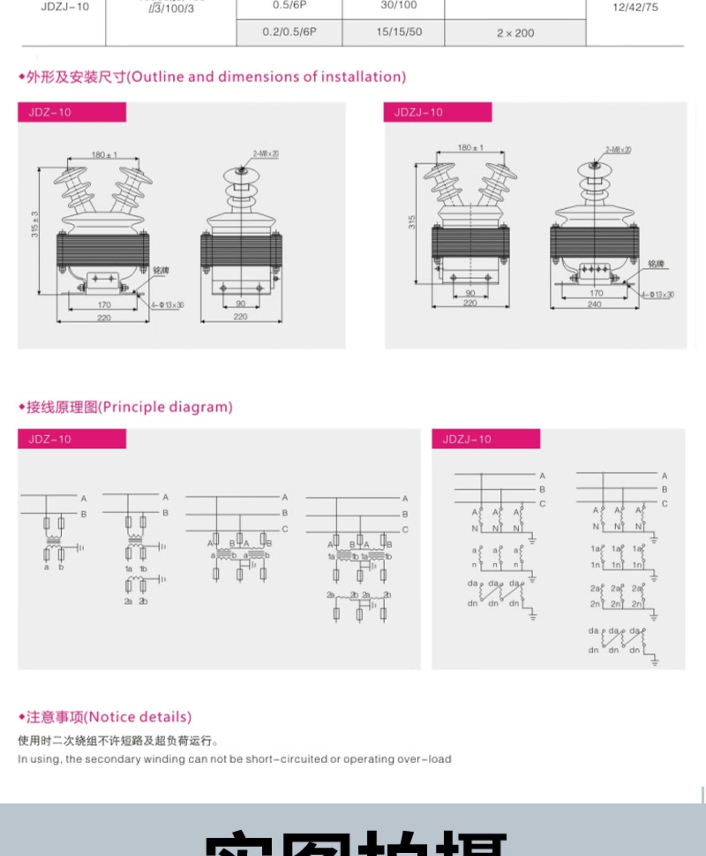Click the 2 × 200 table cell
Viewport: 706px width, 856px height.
click(x=515, y=33)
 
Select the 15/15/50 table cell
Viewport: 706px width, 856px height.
click(x=399, y=32)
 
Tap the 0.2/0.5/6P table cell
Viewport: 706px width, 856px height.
click(x=289, y=32)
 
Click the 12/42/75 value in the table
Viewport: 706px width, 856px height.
click(x=635, y=7)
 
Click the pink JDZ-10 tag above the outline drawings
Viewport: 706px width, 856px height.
click(x=72, y=112)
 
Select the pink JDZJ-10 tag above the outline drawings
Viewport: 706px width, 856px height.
click(x=437, y=112)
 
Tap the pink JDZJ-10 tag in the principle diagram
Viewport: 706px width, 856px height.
click(x=486, y=439)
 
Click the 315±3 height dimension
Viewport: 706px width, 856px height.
click(x=34, y=224)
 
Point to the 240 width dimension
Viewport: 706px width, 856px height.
click(x=594, y=304)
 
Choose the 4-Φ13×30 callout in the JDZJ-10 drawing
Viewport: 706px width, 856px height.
click(x=658, y=295)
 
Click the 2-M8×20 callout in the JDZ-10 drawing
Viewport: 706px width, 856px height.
click(x=265, y=154)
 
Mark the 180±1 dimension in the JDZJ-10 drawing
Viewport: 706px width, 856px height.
click(x=470, y=147)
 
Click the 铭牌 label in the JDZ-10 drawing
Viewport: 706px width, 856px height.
click(x=161, y=270)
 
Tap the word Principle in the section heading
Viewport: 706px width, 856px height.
click(x=133, y=407)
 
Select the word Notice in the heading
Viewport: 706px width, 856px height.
click(x=112, y=717)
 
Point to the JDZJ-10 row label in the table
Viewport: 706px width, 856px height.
click(x=65, y=7)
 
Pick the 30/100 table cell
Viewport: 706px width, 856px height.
click(x=399, y=5)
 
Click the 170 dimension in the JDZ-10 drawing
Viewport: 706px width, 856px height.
click(x=104, y=305)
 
